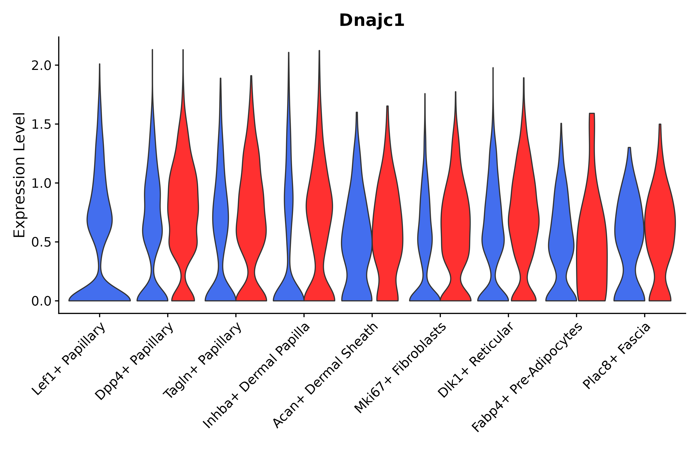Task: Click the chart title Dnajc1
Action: coord(372,20)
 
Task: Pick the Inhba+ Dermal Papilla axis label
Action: coord(256,376)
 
